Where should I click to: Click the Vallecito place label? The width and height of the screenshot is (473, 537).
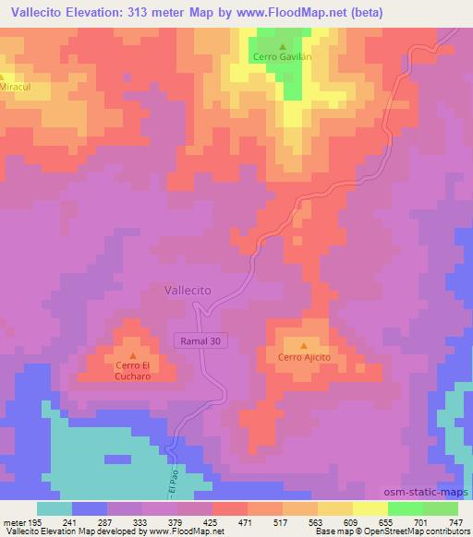(188, 289)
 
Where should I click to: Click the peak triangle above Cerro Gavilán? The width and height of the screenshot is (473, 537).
(283, 45)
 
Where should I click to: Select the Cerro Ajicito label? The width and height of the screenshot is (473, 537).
(304, 356)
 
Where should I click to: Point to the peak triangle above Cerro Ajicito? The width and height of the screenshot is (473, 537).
(304, 345)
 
